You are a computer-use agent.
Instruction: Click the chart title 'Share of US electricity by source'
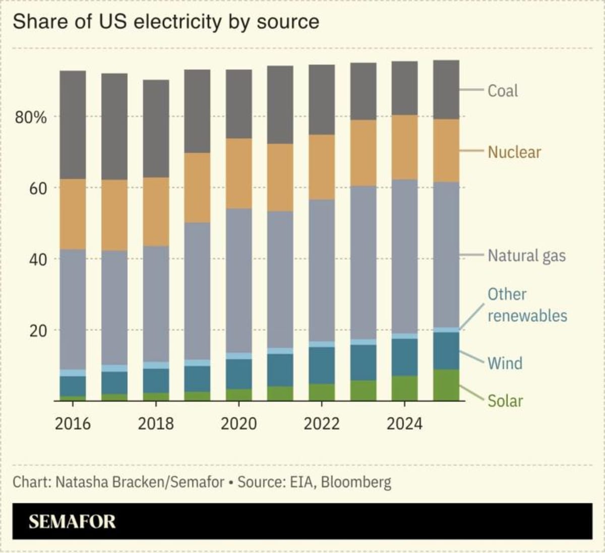[165, 22]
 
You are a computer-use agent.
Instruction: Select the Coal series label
[502, 91]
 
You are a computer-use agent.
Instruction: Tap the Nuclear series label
[514, 152]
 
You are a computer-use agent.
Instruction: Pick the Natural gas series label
[526, 256]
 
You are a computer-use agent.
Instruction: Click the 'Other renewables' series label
[527, 305]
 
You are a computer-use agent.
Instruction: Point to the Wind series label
[505, 363]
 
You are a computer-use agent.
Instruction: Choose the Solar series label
[505, 401]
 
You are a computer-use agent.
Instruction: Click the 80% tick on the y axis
[31, 118]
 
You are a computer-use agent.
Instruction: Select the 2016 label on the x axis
[73, 423]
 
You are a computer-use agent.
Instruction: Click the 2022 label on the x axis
[321, 423]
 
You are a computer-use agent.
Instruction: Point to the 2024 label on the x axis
[404, 423]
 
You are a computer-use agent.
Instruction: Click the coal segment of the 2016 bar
[73, 125]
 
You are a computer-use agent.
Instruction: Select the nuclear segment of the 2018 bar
[156, 212]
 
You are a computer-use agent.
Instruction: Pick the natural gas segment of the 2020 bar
[238, 280]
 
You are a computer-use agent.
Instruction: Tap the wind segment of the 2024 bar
[404, 357]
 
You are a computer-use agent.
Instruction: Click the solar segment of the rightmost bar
[446, 385]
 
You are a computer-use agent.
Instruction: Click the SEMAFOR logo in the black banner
[72, 521]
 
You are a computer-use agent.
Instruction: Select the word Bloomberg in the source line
[355, 482]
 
